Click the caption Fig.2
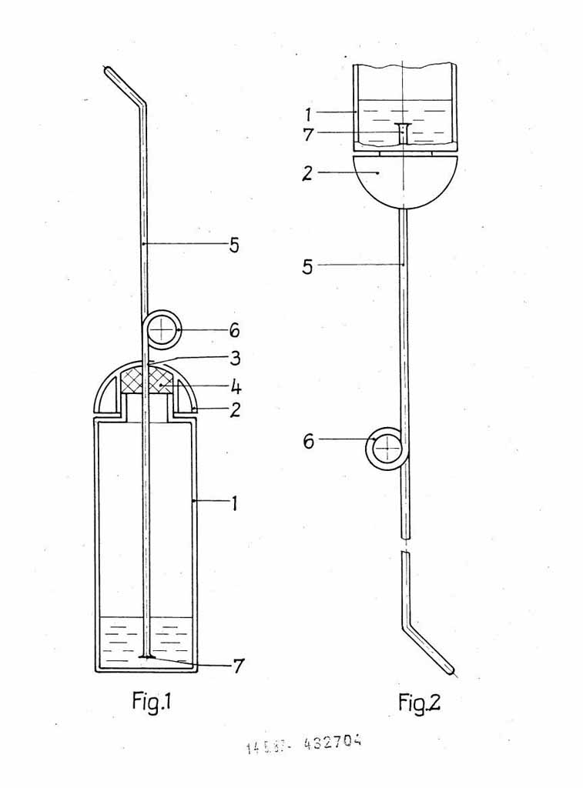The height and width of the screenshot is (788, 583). pyautogui.click(x=420, y=702)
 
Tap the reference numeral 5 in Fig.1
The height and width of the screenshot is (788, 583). pyautogui.click(x=234, y=245)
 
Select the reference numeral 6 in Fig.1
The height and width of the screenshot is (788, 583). pyautogui.click(x=234, y=331)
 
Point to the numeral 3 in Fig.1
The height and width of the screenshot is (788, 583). pyautogui.click(x=235, y=358)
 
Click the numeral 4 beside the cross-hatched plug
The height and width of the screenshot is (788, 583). pyautogui.click(x=236, y=382)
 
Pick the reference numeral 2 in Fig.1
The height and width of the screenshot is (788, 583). pyautogui.click(x=235, y=409)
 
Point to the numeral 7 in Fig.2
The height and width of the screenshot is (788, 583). pyautogui.click(x=308, y=135)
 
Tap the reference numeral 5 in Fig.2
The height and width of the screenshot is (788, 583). pyautogui.click(x=308, y=266)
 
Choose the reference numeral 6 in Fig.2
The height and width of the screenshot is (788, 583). pyautogui.click(x=309, y=441)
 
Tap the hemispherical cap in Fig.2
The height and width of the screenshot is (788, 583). pyautogui.click(x=404, y=179)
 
